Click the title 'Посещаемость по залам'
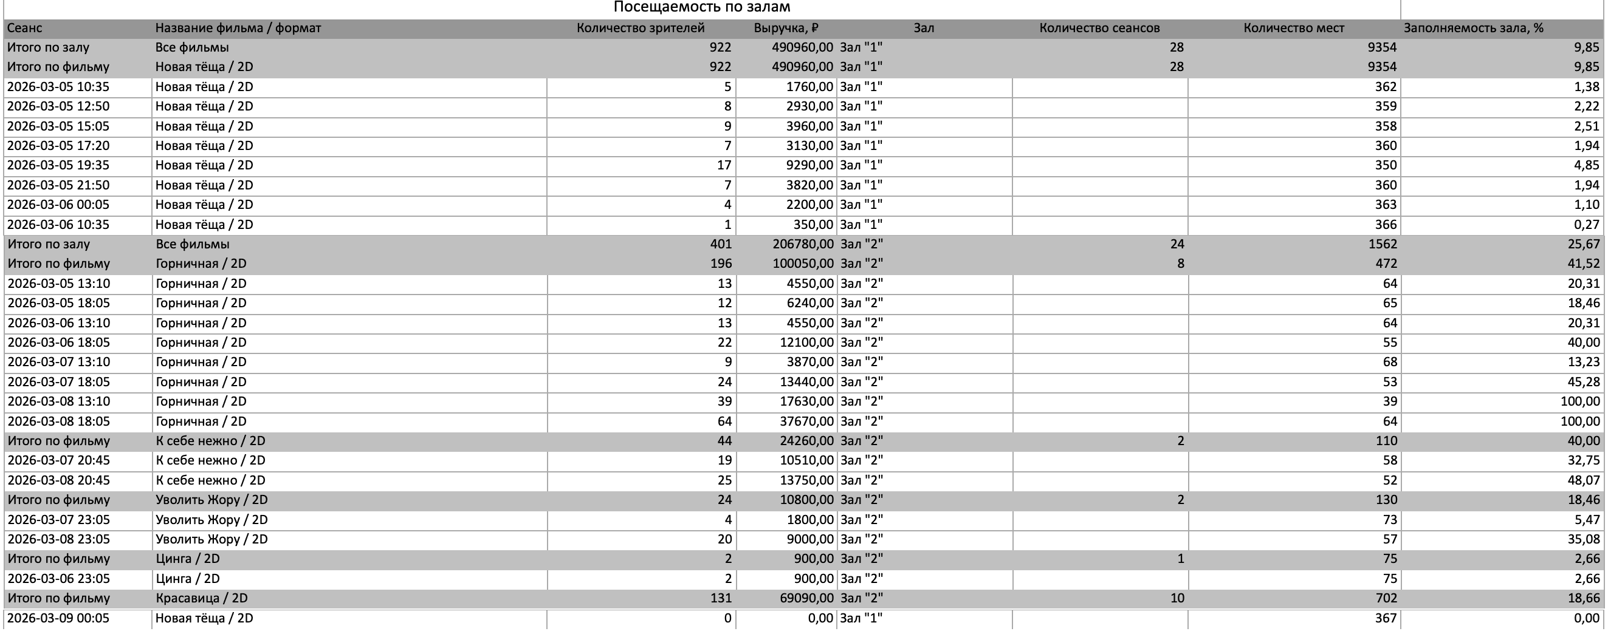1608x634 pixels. pos(702,7)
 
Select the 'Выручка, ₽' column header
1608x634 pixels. pos(786,28)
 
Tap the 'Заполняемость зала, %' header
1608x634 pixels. pos(1473,28)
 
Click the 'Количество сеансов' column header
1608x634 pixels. pos(1099,28)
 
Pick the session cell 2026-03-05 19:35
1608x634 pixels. pos(58,165)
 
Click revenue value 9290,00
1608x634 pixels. pos(809,165)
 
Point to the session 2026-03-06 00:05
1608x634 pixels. pos(58,205)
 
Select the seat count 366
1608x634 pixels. pos(1385,225)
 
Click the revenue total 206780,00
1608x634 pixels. pos(803,244)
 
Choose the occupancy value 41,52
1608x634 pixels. pos(1583,264)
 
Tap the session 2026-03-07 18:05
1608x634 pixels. pos(59,382)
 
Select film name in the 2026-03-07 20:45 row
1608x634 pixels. pos(210,460)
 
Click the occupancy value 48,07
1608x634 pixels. pos(1583,480)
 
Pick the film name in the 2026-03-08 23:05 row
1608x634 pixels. pos(211,539)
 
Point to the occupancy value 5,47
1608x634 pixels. pos(1587,520)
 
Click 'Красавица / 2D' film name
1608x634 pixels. pos(202,598)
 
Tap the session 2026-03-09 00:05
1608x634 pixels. pos(58,618)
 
